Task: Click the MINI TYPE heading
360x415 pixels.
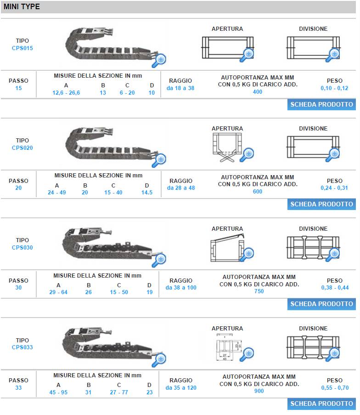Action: click(22, 6)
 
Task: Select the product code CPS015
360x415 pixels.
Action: click(22, 48)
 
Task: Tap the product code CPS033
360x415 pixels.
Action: click(22, 347)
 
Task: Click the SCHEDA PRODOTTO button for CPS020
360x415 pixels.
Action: click(321, 204)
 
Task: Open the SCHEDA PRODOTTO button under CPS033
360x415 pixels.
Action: click(321, 404)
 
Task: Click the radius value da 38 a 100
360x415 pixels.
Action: click(181, 288)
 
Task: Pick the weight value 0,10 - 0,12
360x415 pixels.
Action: click(334, 88)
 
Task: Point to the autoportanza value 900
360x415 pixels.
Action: click(259, 391)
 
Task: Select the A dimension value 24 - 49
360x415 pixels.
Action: click(57, 193)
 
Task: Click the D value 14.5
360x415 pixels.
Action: click(147, 193)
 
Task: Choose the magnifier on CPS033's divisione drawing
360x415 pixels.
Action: click(333, 354)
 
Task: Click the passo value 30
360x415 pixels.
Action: click(18, 288)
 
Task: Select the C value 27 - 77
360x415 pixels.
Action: click(119, 392)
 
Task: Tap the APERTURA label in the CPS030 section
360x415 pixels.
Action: click(227, 229)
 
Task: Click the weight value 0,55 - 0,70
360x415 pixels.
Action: click(335, 388)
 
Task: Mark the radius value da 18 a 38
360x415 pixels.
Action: click(180, 88)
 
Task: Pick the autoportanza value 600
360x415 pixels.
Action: click(257, 191)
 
